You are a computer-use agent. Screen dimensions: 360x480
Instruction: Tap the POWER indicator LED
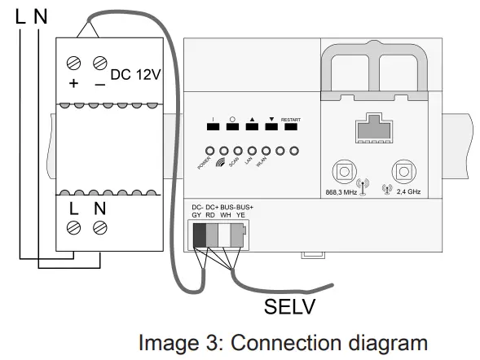coord(210,151)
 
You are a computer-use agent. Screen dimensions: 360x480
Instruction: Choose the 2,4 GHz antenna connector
coord(403,173)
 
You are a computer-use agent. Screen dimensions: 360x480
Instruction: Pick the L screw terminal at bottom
coord(74,226)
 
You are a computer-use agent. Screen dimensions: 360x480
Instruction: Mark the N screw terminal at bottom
coord(100,226)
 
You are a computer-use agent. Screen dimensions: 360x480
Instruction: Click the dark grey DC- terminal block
coord(199,235)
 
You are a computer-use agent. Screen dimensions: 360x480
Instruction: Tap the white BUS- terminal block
coord(224,235)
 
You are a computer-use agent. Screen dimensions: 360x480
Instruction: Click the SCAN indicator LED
coord(238,151)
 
